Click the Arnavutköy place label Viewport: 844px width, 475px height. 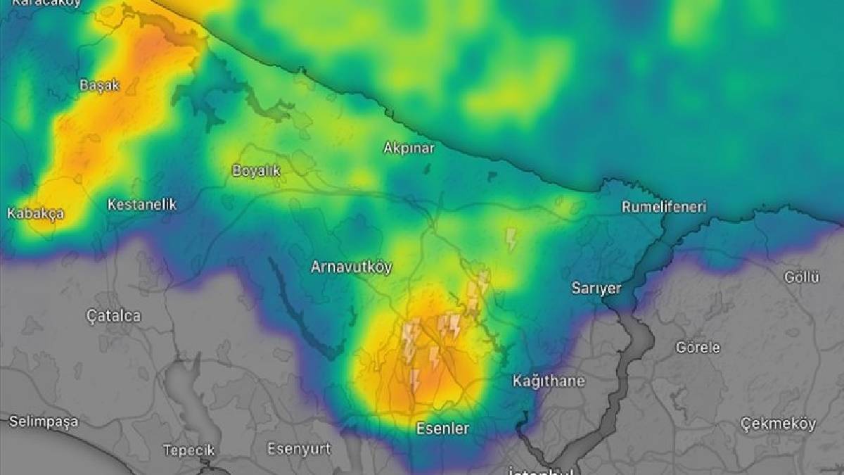351,267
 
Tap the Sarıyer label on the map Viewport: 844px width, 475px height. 596,289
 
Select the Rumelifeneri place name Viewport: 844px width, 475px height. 664,207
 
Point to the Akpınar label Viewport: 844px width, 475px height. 409,148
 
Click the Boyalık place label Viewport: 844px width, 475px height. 256,171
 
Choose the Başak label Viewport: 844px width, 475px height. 99,86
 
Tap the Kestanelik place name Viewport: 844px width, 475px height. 141,205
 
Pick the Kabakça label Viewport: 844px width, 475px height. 35,213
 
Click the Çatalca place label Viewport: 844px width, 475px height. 113,316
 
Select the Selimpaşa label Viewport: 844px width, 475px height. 44,422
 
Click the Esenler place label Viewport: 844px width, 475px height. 442,428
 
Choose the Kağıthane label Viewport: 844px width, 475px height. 549,381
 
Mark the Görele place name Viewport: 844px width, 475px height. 698,348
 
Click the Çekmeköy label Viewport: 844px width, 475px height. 778,424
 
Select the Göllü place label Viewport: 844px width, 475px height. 802,277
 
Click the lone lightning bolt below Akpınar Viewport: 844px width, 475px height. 511,239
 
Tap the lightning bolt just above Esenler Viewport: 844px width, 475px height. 414,380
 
